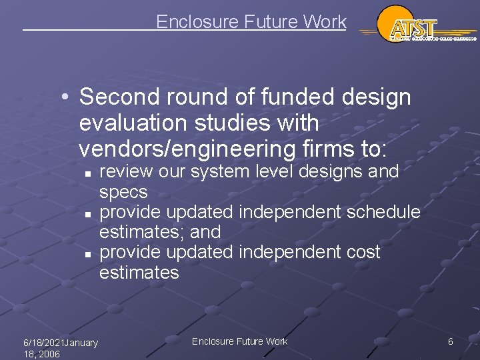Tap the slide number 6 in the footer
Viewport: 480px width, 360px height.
[451, 341]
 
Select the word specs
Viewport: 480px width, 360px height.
[123, 192]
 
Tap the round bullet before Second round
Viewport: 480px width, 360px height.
[67, 98]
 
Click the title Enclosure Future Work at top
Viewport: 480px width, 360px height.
[251, 22]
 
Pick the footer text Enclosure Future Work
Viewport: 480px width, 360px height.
[239, 341]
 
